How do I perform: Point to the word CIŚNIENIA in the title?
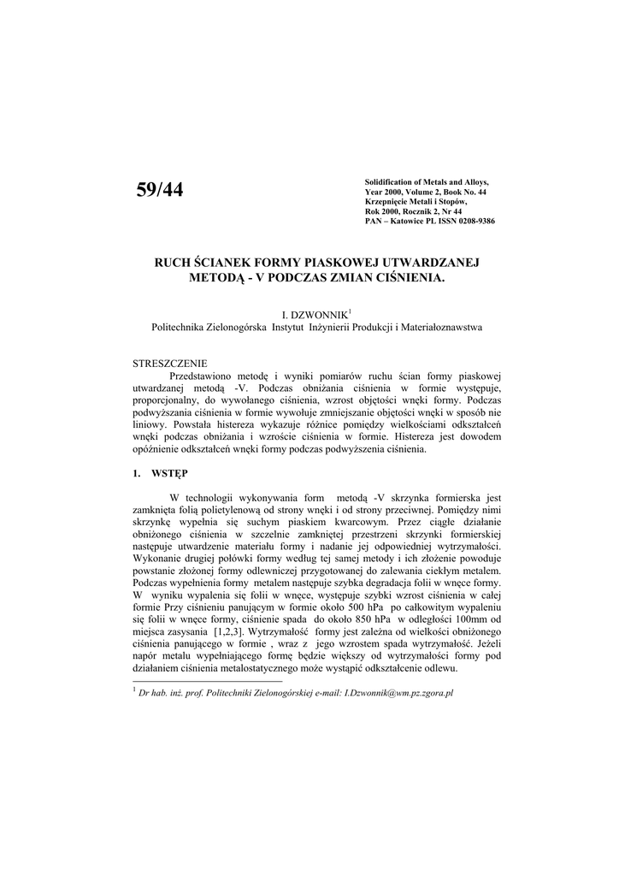click(409, 279)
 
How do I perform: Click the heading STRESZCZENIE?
click(170, 363)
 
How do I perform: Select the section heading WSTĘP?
click(172, 472)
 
